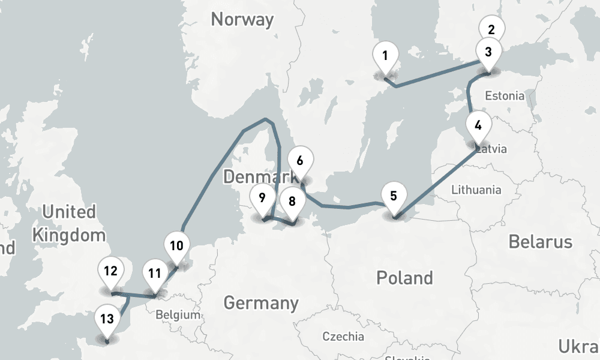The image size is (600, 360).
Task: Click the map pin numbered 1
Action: coord(385,56)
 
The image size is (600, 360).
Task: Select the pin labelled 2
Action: coord(491,29)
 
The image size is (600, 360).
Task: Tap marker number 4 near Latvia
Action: coord(478,126)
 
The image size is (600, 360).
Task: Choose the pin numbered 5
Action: coord(394,196)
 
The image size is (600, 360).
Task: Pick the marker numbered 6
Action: coord(300,161)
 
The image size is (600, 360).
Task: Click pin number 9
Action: coord(262,198)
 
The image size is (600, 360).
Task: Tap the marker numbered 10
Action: coord(176,246)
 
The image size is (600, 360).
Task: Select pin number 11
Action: coord(155,274)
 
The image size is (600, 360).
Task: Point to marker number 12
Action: coord(110,271)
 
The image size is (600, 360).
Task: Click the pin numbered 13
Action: coord(107,319)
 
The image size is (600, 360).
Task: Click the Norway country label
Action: coord(242,20)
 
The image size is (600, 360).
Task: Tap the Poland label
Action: coord(404,278)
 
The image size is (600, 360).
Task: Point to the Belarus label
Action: coord(540,242)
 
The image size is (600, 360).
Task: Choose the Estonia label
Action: coord(505,95)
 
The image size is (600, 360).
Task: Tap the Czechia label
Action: coord(343,336)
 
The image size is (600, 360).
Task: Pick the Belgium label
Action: coord(177,315)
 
